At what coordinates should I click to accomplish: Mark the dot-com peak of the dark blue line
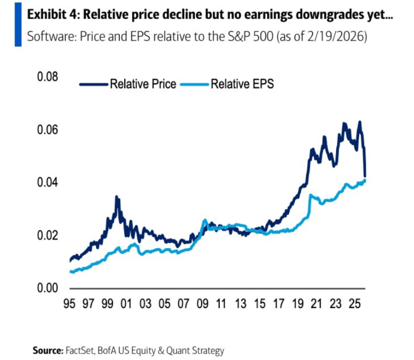[x=117, y=197]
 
